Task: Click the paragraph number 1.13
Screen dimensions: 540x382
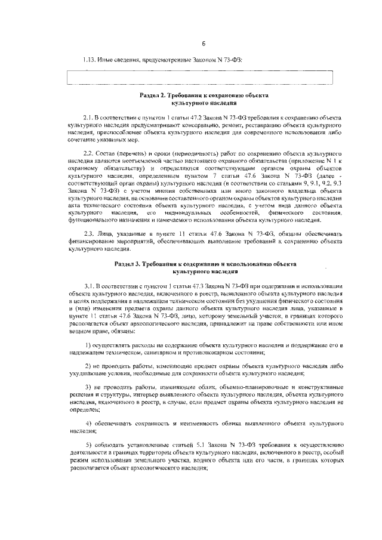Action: click(x=89, y=60)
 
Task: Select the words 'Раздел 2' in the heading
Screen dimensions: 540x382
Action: click(x=154, y=95)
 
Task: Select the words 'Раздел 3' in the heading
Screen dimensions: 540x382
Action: click(x=129, y=263)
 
